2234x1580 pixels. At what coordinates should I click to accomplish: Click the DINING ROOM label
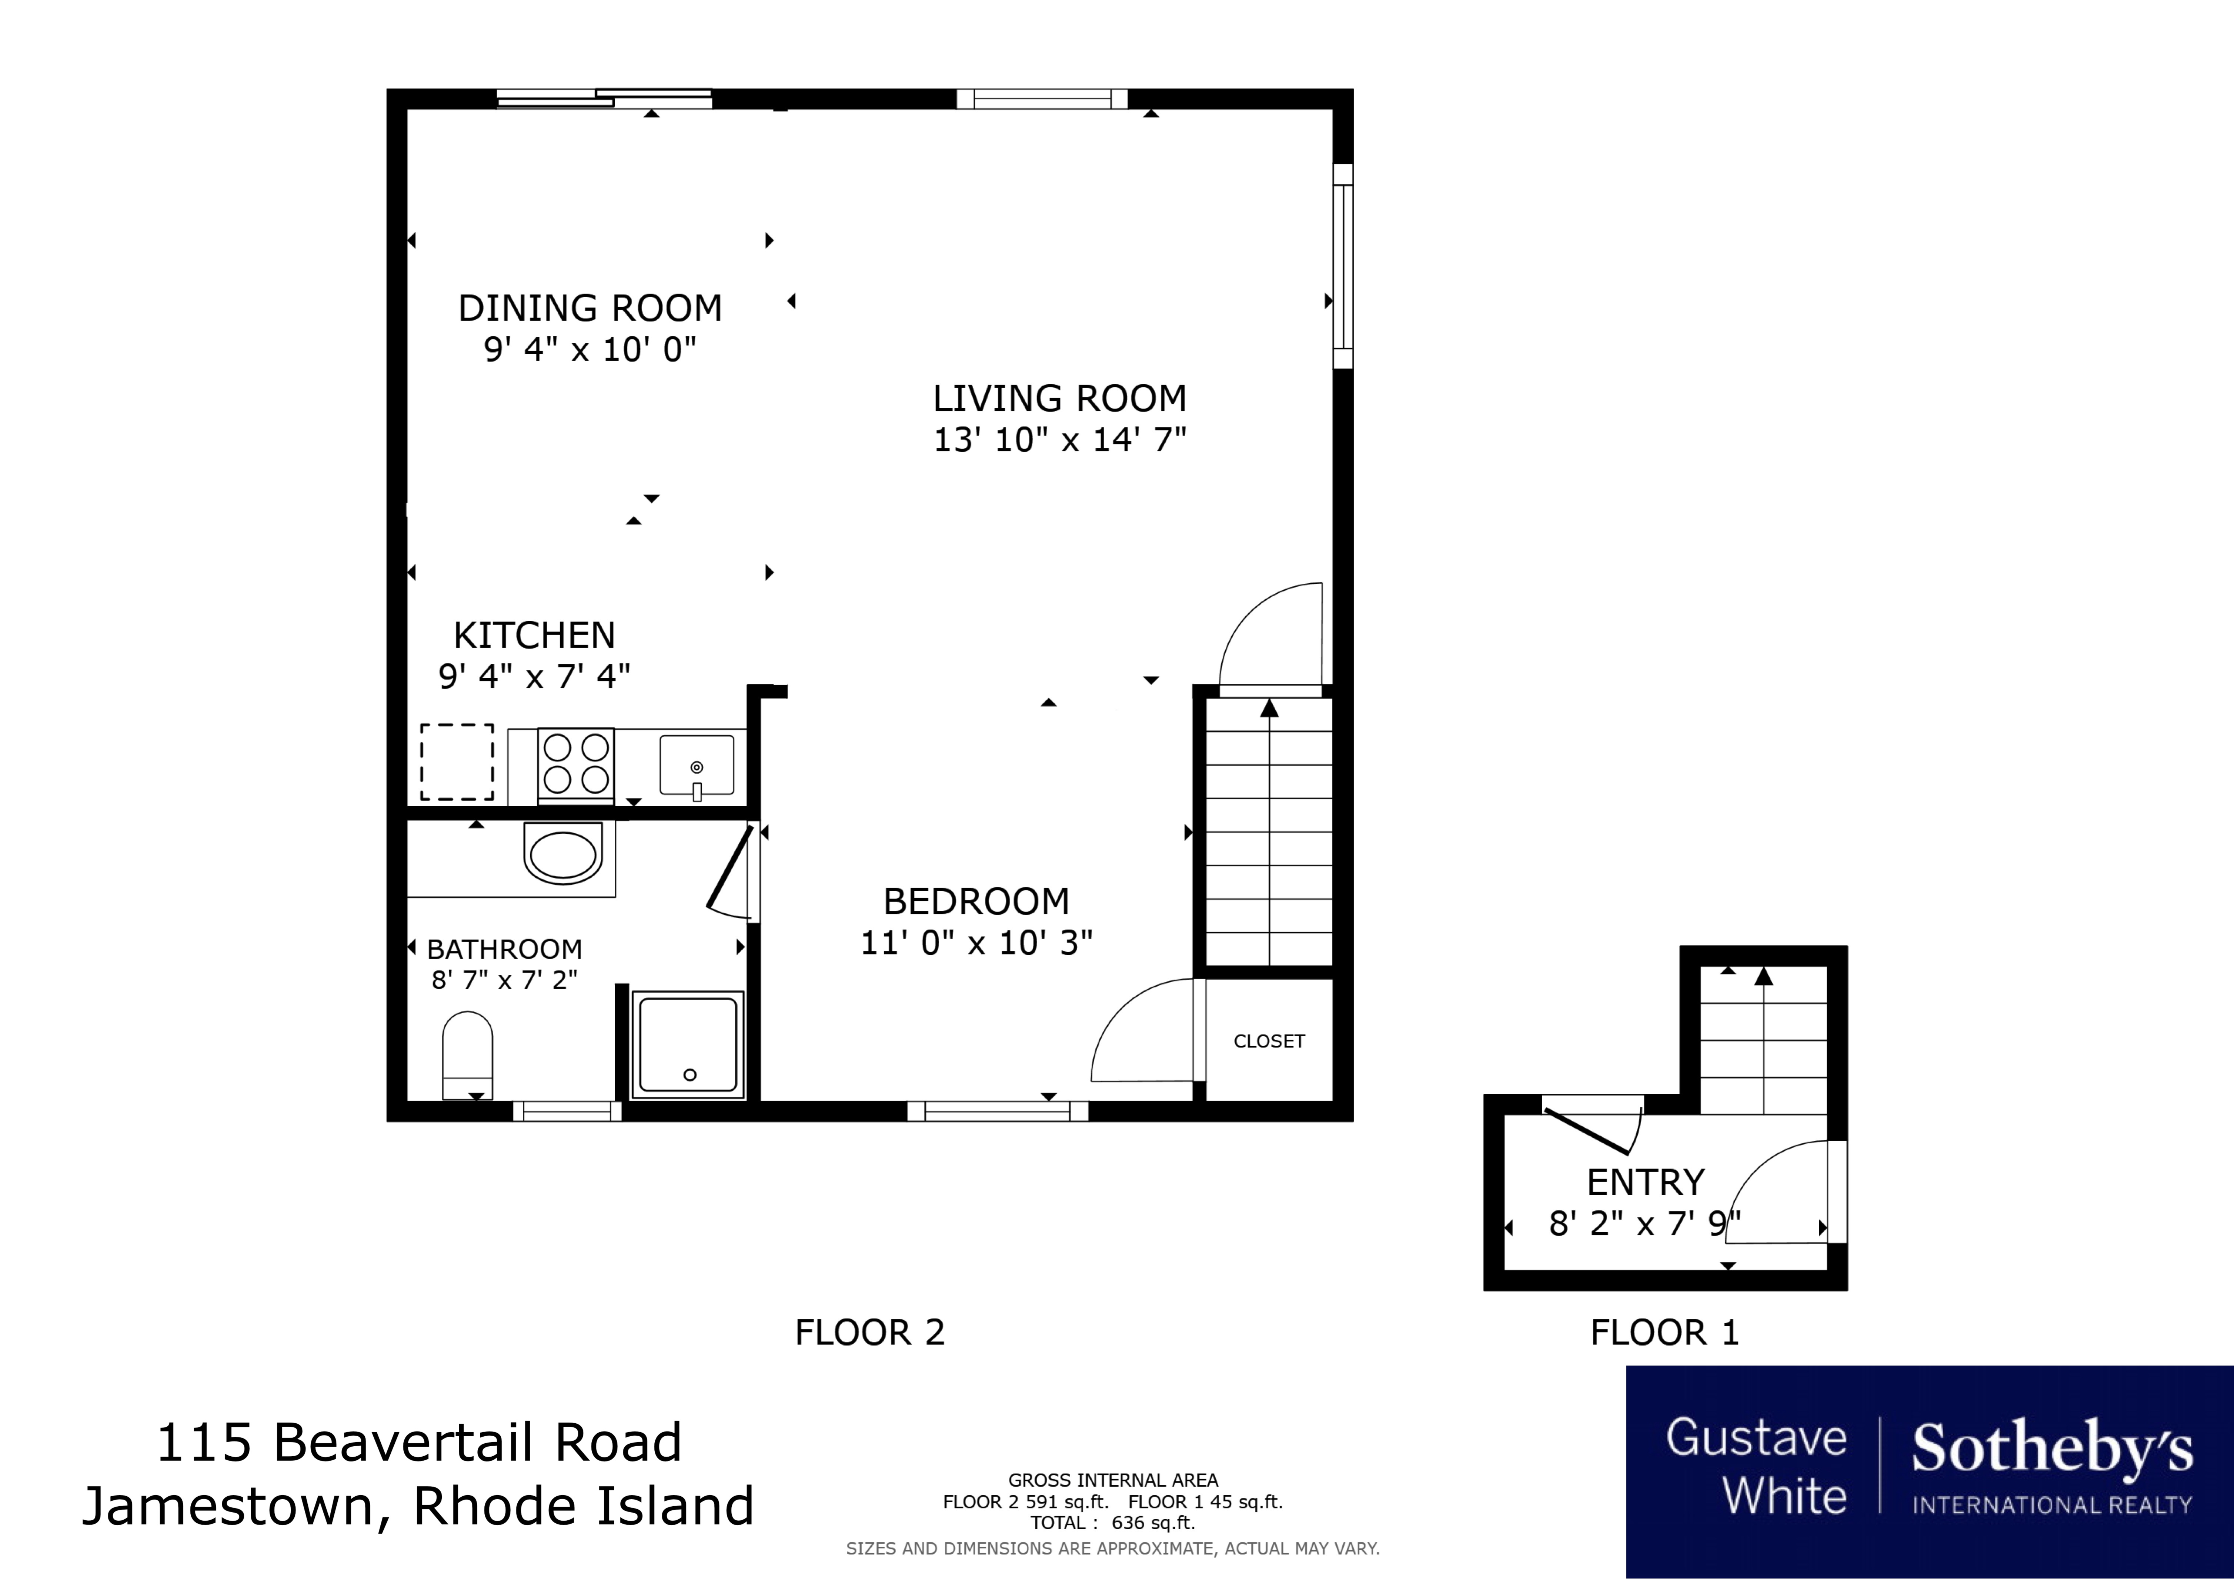590,309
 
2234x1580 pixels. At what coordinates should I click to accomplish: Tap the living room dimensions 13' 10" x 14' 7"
1059,440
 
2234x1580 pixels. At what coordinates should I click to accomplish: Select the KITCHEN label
534,635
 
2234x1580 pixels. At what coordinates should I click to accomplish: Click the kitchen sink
697,766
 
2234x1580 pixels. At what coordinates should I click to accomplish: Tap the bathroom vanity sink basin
562,852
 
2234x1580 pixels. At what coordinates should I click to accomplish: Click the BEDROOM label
976,902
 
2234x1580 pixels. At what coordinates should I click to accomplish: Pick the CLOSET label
1269,1041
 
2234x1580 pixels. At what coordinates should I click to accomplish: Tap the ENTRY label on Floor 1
1645,1182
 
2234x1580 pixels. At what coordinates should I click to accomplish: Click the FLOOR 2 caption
870,1332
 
